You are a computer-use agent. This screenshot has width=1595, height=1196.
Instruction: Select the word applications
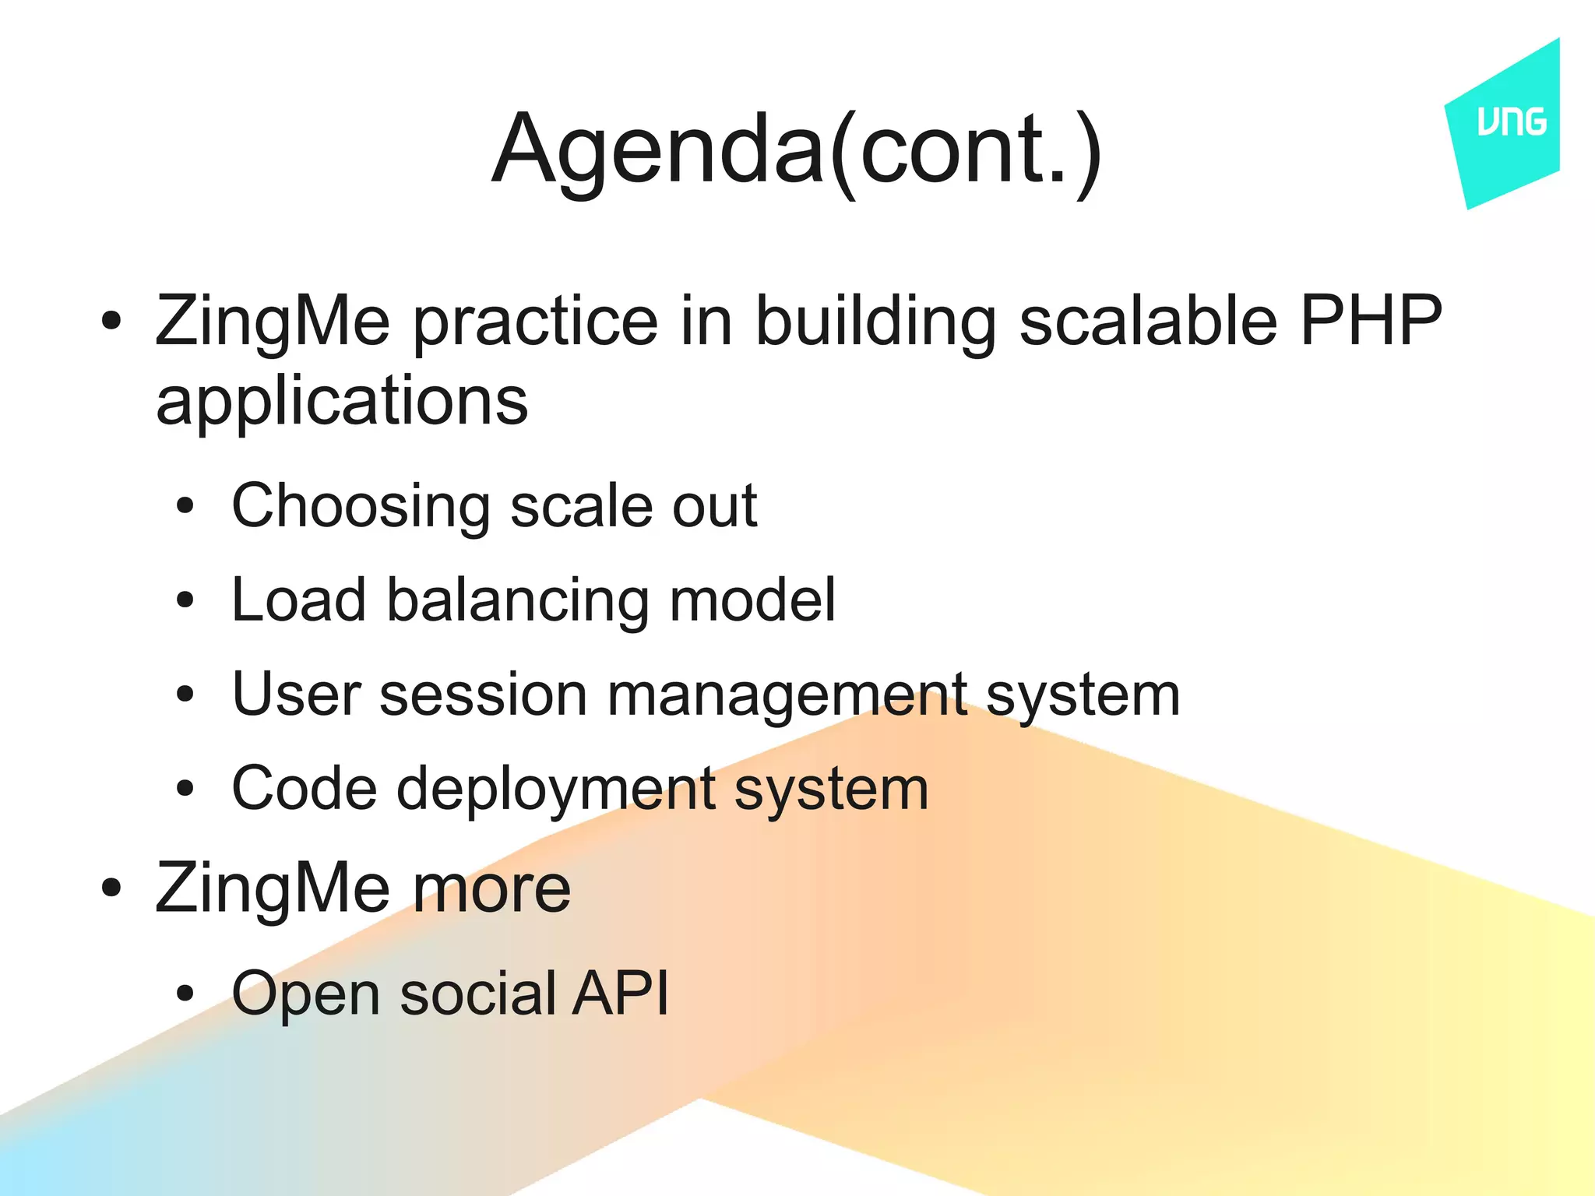(342, 402)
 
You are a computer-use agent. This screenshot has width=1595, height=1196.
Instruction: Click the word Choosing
(361, 507)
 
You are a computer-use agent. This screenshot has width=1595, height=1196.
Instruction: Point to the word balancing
(518, 600)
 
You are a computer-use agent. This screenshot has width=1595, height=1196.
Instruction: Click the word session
(483, 695)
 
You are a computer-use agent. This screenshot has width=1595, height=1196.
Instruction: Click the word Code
(305, 789)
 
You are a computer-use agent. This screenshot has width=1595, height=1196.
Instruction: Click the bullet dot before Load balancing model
(185, 600)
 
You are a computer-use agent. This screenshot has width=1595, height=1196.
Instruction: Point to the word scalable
(1148, 320)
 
